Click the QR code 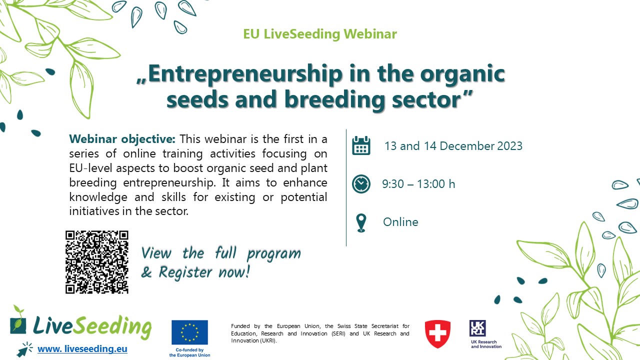97,262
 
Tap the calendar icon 361,145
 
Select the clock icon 361,183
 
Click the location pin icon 361,223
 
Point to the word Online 400,222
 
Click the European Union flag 189,332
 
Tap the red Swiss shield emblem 437,334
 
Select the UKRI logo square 477,328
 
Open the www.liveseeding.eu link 82,349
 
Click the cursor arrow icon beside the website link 24,349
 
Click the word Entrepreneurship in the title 245,74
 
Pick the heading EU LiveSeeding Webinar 320,34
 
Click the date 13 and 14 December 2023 453,146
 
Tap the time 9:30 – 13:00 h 418,184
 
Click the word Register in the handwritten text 185,272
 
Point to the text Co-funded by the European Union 189,352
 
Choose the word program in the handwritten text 274,253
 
